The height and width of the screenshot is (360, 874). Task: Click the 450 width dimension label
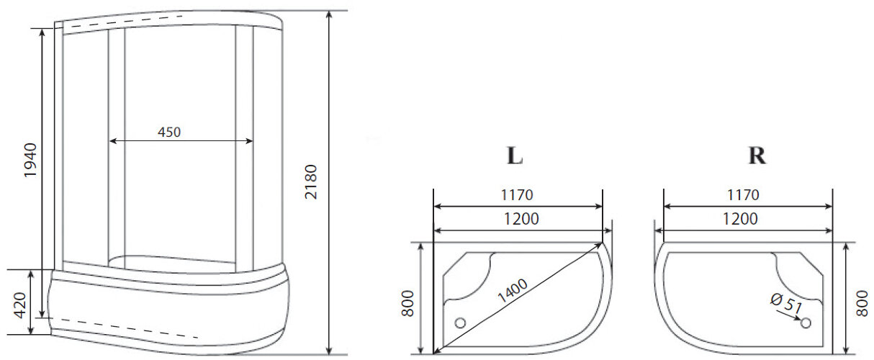[x=169, y=132]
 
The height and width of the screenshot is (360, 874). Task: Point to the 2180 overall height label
[x=311, y=184]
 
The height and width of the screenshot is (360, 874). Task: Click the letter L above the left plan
[x=514, y=156]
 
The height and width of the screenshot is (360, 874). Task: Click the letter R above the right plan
[x=757, y=156]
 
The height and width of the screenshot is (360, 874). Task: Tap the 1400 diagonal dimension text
[x=512, y=292]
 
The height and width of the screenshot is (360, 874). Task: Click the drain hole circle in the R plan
[x=806, y=323]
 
